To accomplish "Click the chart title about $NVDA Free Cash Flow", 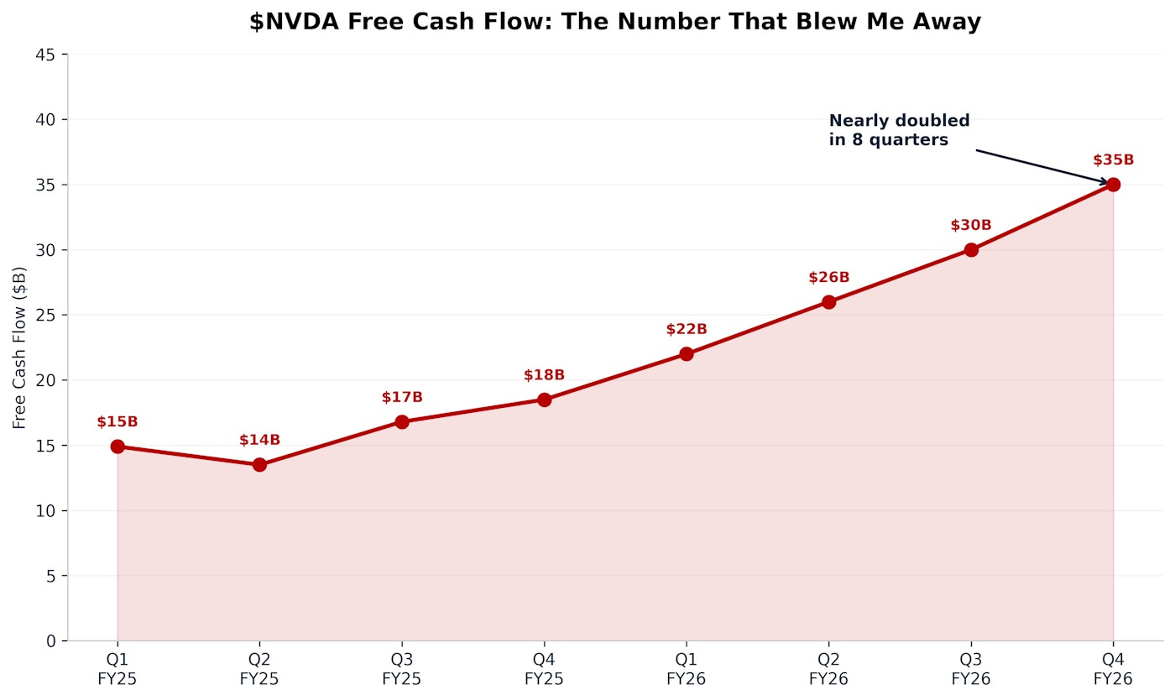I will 614,23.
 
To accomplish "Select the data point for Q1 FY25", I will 117,447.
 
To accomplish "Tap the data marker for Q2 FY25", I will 259,464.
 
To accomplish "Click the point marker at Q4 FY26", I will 1113,185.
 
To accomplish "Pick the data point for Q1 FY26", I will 687,354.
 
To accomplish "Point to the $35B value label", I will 1113,160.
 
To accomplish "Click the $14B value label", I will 259,440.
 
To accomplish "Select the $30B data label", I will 971,226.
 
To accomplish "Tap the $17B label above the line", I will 402,397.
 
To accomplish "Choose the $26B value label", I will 828,278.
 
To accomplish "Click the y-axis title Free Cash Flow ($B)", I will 19,347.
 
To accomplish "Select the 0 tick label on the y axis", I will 51,641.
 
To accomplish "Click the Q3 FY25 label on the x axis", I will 402,669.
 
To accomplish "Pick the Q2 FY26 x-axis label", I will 828,669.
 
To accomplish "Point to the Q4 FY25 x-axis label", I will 544,669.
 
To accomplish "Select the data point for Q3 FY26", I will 971,250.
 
